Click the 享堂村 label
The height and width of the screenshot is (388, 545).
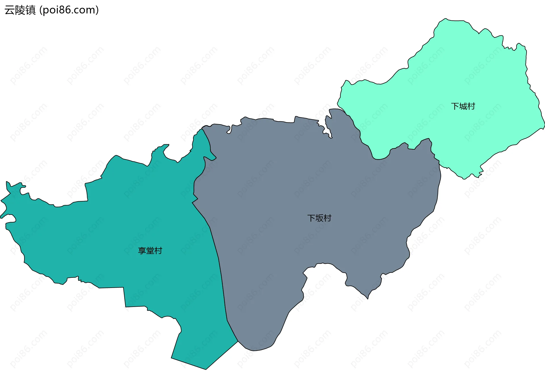[x=150, y=251]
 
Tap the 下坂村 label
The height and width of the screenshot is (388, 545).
[x=319, y=218]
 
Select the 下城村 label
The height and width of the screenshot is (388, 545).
[x=463, y=106]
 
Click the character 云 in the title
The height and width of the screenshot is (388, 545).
[x=10, y=10]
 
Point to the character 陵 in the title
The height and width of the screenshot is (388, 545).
[x=20, y=10]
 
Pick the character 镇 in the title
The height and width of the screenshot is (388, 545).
[x=31, y=10]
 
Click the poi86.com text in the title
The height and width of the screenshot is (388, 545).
[x=69, y=10]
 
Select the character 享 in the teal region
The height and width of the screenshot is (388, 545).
[x=142, y=251]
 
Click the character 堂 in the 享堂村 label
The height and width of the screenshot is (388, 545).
[x=150, y=251]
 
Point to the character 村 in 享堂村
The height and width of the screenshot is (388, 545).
[x=158, y=251]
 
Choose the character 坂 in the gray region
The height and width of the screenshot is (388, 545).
[x=319, y=218]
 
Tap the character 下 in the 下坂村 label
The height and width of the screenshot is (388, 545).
[x=311, y=218]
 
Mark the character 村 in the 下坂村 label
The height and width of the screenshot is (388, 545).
[x=328, y=218]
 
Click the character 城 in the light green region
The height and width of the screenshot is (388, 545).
[x=463, y=106]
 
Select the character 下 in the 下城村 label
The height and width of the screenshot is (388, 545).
[x=455, y=106]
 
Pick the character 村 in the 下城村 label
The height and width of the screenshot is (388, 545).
[x=471, y=106]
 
